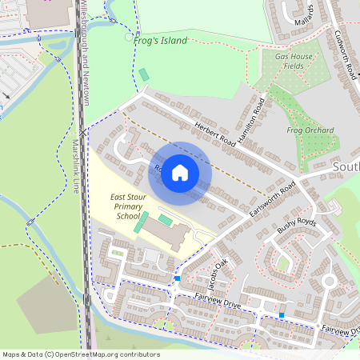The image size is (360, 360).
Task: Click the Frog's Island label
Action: pyautogui.click(x=162, y=41)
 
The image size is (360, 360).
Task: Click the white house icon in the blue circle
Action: pyautogui.click(x=180, y=172)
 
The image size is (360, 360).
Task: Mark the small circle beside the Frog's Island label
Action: pyautogui.click(x=129, y=37)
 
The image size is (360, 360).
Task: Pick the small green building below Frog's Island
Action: pyautogui.click(x=144, y=75)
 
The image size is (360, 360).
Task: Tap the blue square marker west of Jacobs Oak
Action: pyautogui.click(x=177, y=278)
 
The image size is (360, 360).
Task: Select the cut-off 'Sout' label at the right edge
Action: pyautogui.click(x=346, y=167)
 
